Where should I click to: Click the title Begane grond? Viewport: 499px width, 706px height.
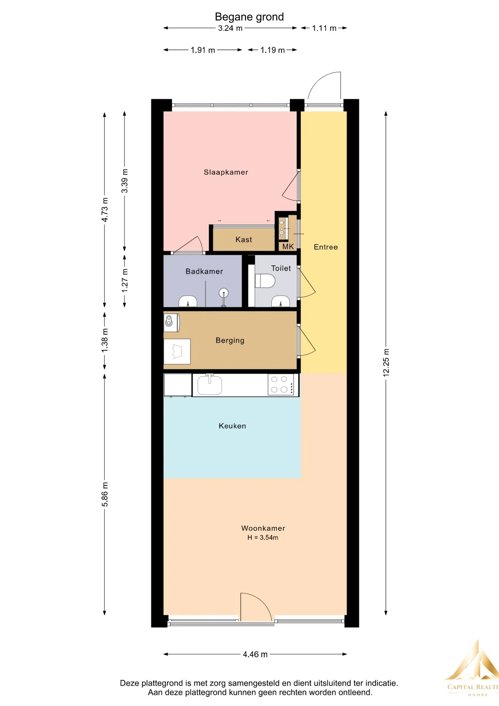coord(249,17)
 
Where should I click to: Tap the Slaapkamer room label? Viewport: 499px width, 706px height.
coord(226,172)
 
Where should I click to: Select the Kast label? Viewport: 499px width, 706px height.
coord(244,240)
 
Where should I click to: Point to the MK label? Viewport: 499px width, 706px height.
coord(288,247)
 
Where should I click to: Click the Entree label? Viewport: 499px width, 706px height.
coord(326,247)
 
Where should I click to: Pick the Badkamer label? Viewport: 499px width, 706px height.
coord(204,271)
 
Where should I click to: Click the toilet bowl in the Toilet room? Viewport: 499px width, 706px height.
coord(265,281)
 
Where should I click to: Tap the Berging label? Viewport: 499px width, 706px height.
coord(230,340)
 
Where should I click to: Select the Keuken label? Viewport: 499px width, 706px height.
coord(232,426)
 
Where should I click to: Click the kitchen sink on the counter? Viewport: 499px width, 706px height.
coord(209,385)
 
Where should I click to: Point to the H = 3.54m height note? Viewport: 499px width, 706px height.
coord(263,538)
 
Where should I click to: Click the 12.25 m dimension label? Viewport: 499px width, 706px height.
coord(386,362)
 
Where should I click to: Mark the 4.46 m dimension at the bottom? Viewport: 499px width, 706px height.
coord(255,655)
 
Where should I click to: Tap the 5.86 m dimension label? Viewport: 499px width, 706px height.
coord(105,494)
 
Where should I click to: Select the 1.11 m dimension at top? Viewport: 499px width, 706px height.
coord(324,28)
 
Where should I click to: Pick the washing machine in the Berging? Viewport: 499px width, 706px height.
coord(172,322)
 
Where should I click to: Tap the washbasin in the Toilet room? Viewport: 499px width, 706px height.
coord(281,302)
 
